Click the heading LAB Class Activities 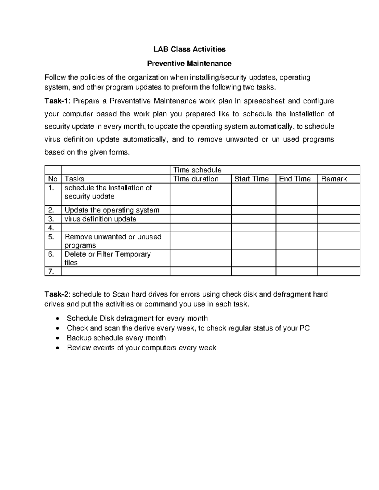click(x=189, y=49)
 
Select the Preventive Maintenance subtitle click(x=189, y=64)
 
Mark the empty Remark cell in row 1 click(x=339, y=194)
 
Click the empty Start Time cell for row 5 click(x=253, y=241)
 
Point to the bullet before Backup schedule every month click(x=57, y=338)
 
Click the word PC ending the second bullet click(x=304, y=328)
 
